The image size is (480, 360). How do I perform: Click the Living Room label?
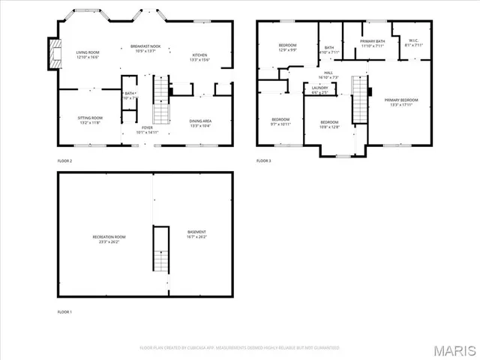pyautogui.click(x=88, y=54)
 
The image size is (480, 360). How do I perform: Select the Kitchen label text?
pyautogui.click(x=199, y=57)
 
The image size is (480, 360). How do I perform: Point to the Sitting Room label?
pyautogui.click(x=90, y=119)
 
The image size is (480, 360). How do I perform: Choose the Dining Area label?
pyautogui.click(x=200, y=122)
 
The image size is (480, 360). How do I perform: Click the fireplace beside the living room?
pyautogui.click(x=52, y=53)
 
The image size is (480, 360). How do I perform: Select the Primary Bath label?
pyautogui.click(x=373, y=43)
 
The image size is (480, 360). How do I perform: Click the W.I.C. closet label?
pyautogui.click(x=414, y=43)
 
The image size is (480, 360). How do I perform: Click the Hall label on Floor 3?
pyautogui.click(x=328, y=74)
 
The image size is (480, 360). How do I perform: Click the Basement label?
pyautogui.click(x=196, y=234)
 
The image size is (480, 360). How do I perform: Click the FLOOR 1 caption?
pyautogui.click(x=65, y=312)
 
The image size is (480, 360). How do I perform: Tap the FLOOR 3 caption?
pyautogui.click(x=263, y=160)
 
